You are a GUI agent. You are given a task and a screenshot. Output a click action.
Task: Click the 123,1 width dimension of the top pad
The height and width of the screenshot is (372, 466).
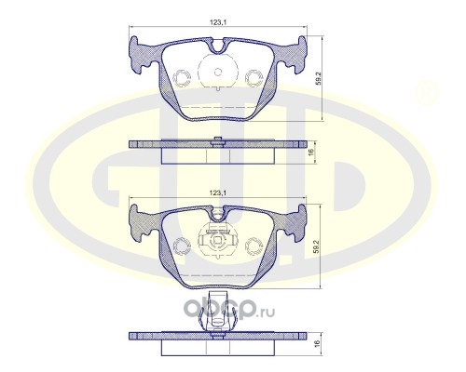(x=217, y=22)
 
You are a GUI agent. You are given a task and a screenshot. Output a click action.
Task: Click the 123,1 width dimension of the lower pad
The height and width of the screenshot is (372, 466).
(x=217, y=193)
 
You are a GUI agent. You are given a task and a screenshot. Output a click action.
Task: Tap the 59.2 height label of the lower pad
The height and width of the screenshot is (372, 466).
(x=316, y=246)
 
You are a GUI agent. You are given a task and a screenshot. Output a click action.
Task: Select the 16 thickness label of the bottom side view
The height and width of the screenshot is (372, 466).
(x=317, y=343)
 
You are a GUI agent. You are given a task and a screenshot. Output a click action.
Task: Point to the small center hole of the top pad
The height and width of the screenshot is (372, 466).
(x=218, y=72)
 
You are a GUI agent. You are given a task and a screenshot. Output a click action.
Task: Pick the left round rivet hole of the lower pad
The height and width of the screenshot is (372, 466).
(x=182, y=246)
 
